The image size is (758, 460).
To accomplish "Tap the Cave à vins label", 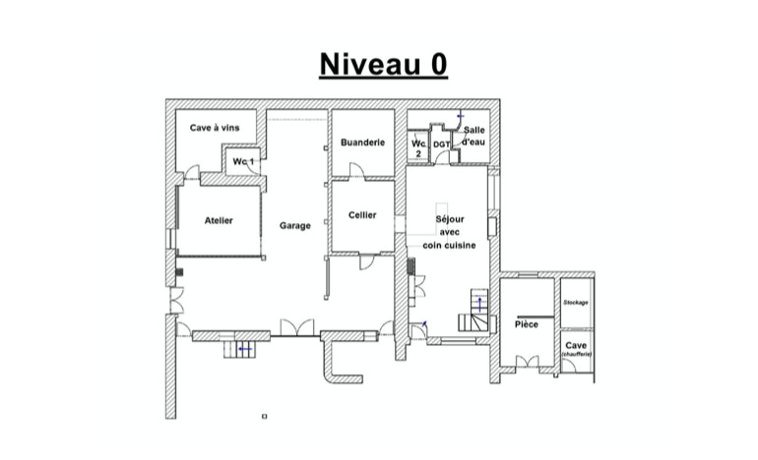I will pos(215,128).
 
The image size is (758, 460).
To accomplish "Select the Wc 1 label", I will pos(244,161).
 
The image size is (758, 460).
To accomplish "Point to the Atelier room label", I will pos(219,220).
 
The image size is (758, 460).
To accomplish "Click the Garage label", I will pos(294,225).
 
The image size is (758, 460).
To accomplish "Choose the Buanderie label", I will pos(362,143).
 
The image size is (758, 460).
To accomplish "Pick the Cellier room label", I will pos(362,215).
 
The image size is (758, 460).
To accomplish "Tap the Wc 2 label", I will pos(418,147).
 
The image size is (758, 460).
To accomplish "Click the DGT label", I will pos(441,144).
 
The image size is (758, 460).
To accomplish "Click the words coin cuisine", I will pos(450,245).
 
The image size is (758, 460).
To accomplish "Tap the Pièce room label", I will pos(527,324).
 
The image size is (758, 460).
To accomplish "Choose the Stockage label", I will pos(576,302).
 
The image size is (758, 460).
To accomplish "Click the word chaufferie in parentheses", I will pos(577,354).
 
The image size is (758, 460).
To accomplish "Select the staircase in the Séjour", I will pos(474,312).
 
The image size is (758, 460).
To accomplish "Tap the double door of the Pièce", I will pos(528,362).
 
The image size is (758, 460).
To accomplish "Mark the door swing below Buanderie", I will pos(356,172).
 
